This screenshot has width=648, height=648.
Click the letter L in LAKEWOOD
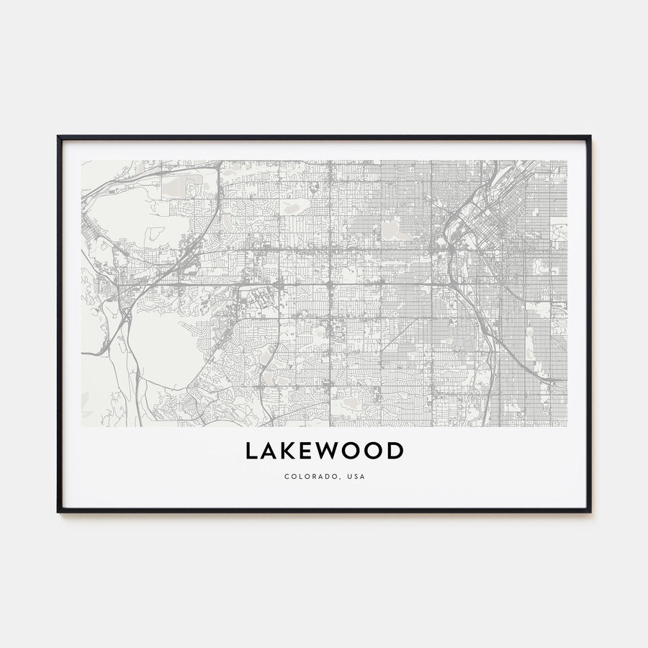tap(252, 451)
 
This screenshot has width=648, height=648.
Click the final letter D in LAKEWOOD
tap(396, 451)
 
